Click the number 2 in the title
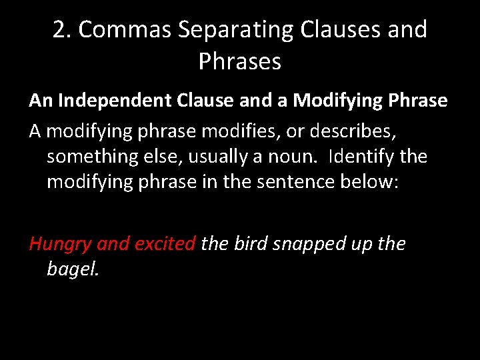click(x=59, y=29)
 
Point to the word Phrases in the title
click(x=240, y=61)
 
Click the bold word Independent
click(x=104, y=101)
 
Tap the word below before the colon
click(x=369, y=183)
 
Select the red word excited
click(x=165, y=243)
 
